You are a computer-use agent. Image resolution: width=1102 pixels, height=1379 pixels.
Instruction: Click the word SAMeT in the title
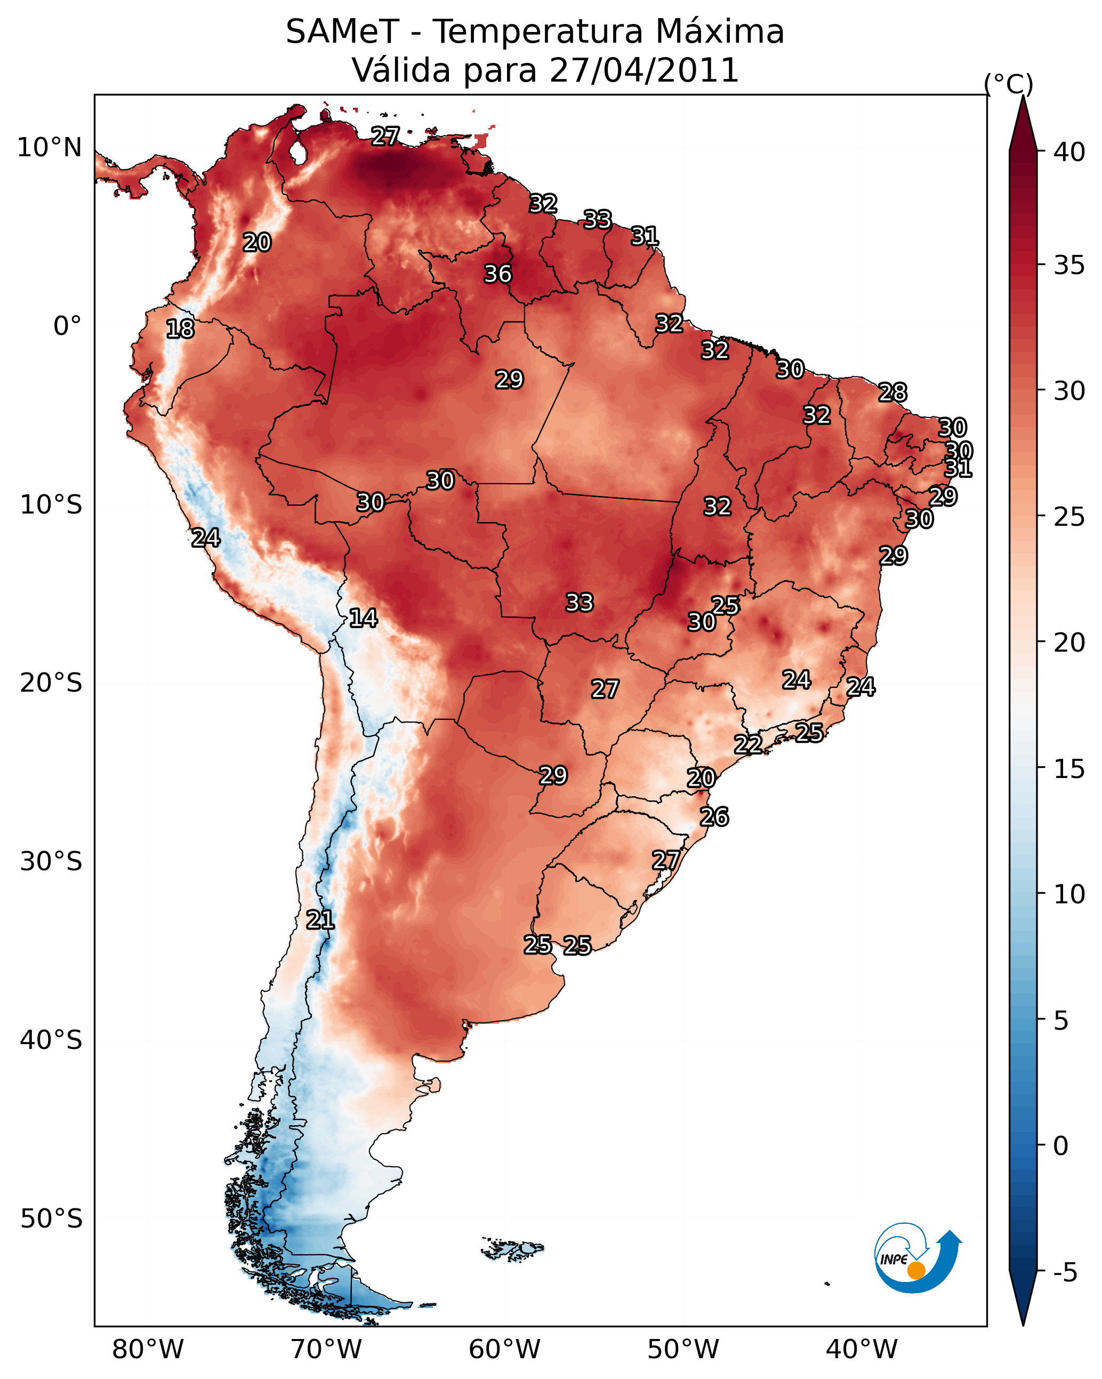click(x=342, y=31)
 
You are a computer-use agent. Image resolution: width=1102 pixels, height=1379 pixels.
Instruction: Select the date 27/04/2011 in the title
click(x=644, y=70)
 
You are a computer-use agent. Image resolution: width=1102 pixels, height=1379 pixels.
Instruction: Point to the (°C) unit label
click(x=1008, y=84)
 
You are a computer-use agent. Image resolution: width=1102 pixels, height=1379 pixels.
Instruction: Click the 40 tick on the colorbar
click(x=1069, y=152)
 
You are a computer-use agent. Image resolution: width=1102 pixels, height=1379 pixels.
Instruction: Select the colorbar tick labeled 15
click(x=1069, y=769)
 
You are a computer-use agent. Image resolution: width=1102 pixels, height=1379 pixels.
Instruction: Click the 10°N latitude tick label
click(x=49, y=148)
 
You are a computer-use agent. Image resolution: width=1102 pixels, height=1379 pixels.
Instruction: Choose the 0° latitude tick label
click(x=68, y=326)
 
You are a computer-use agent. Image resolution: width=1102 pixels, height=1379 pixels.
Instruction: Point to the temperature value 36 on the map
click(x=497, y=274)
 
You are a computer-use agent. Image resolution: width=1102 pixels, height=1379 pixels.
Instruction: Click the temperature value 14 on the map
click(x=363, y=618)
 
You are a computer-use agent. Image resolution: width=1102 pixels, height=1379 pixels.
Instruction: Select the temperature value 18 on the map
click(x=180, y=329)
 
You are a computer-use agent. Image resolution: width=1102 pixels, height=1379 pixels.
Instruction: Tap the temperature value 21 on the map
click(x=320, y=920)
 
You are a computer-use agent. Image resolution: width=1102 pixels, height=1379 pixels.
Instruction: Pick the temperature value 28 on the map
click(x=893, y=392)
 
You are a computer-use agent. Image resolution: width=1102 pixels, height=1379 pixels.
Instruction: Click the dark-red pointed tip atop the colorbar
click(x=1023, y=97)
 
